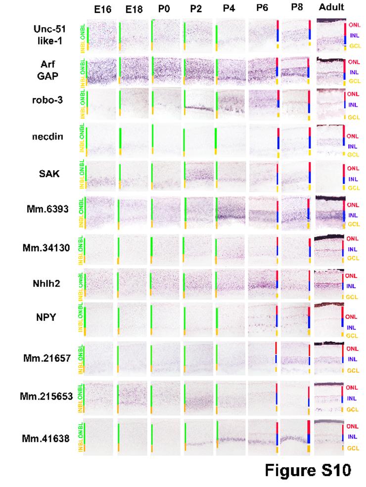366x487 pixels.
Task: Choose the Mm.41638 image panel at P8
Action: [x=295, y=437]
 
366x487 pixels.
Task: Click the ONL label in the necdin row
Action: [x=352, y=136]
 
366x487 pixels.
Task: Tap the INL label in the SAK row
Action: [x=352, y=179]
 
